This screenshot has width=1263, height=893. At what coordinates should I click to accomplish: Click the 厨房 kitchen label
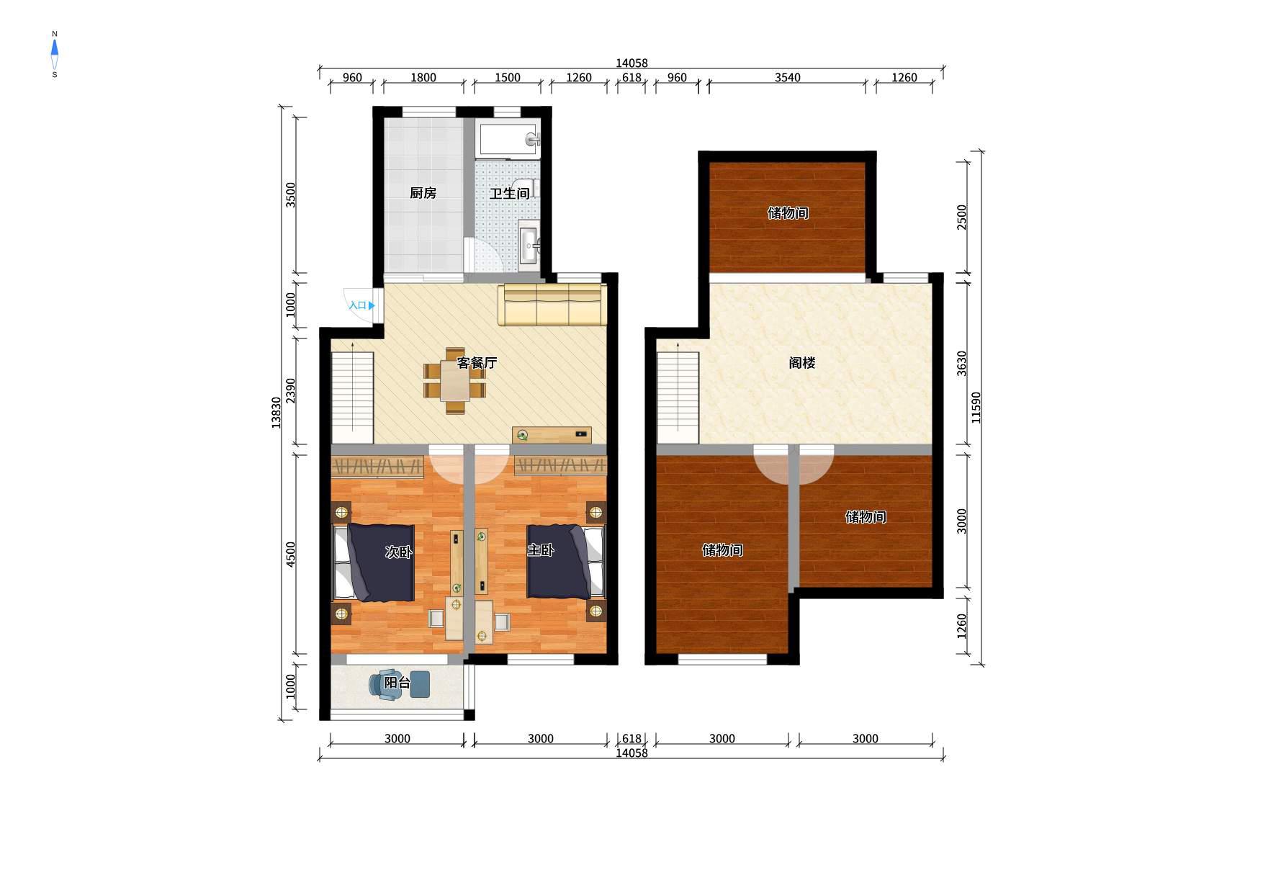tap(423, 193)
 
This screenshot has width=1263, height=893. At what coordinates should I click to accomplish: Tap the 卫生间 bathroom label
tap(510, 193)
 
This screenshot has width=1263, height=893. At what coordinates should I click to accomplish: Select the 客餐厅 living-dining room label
tap(477, 363)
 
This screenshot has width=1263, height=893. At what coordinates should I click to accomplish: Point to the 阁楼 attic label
tap(801, 363)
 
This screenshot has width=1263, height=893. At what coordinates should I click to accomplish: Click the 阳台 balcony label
tap(397, 683)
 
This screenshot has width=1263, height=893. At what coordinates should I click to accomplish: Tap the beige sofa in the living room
tap(552, 305)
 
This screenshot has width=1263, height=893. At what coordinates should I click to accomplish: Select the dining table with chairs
tap(455, 381)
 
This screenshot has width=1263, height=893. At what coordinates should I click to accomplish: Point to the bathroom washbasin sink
tap(529, 245)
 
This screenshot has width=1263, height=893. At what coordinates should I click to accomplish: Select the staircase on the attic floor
tap(678, 393)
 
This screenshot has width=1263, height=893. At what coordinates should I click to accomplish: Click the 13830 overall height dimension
tap(277, 413)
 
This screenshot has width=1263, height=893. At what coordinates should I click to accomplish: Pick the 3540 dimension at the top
tap(787, 78)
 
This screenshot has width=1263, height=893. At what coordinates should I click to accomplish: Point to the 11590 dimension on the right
tap(976, 408)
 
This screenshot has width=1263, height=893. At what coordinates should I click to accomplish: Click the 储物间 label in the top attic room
tap(788, 213)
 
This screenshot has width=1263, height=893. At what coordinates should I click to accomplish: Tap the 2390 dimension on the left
tap(291, 391)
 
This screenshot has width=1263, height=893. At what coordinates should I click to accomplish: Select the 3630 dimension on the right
tap(962, 364)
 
